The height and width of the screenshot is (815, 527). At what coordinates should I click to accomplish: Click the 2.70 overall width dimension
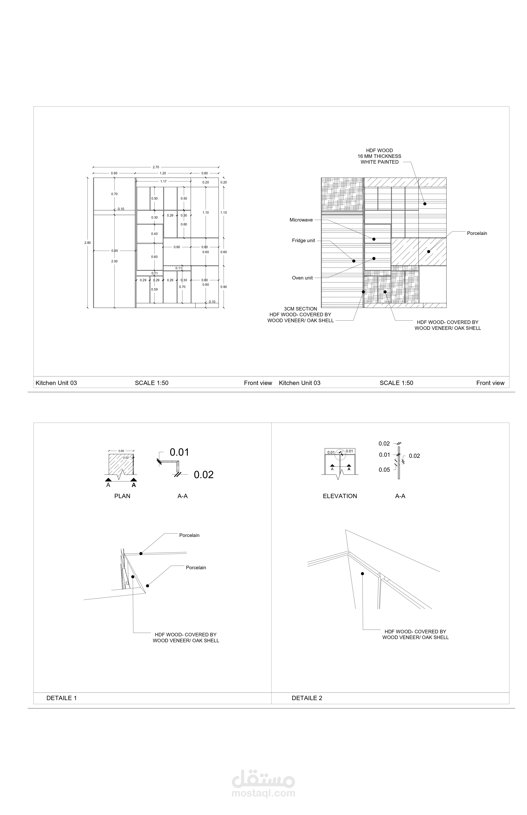tap(156, 167)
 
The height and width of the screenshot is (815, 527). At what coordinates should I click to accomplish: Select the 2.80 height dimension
tap(88, 243)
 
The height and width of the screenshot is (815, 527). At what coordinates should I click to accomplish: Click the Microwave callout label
tap(301, 220)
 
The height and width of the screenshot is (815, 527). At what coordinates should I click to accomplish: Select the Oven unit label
tap(302, 278)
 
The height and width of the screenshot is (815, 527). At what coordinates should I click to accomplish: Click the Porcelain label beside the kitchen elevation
tap(477, 233)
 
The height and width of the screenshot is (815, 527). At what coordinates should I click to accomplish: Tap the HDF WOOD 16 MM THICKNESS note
tap(379, 156)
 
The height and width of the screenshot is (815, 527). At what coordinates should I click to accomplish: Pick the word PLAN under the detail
tap(122, 496)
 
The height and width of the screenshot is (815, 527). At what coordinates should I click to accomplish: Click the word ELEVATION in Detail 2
tap(340, 496)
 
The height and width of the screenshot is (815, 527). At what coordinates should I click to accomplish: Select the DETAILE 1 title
tap(62, 698)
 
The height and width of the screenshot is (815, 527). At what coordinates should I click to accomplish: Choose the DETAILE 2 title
tap(307, 698)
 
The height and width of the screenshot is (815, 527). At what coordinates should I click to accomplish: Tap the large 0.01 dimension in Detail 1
tap(179, 452)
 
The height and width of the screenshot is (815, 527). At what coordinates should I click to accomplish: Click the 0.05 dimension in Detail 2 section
tap(384, 470)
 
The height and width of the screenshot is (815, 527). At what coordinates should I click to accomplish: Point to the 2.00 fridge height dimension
tap(114, 261)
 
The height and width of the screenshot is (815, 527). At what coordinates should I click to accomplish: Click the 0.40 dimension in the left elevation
tap(154, 234)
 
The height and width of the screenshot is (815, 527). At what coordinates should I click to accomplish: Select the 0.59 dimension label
tap(154, 289)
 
